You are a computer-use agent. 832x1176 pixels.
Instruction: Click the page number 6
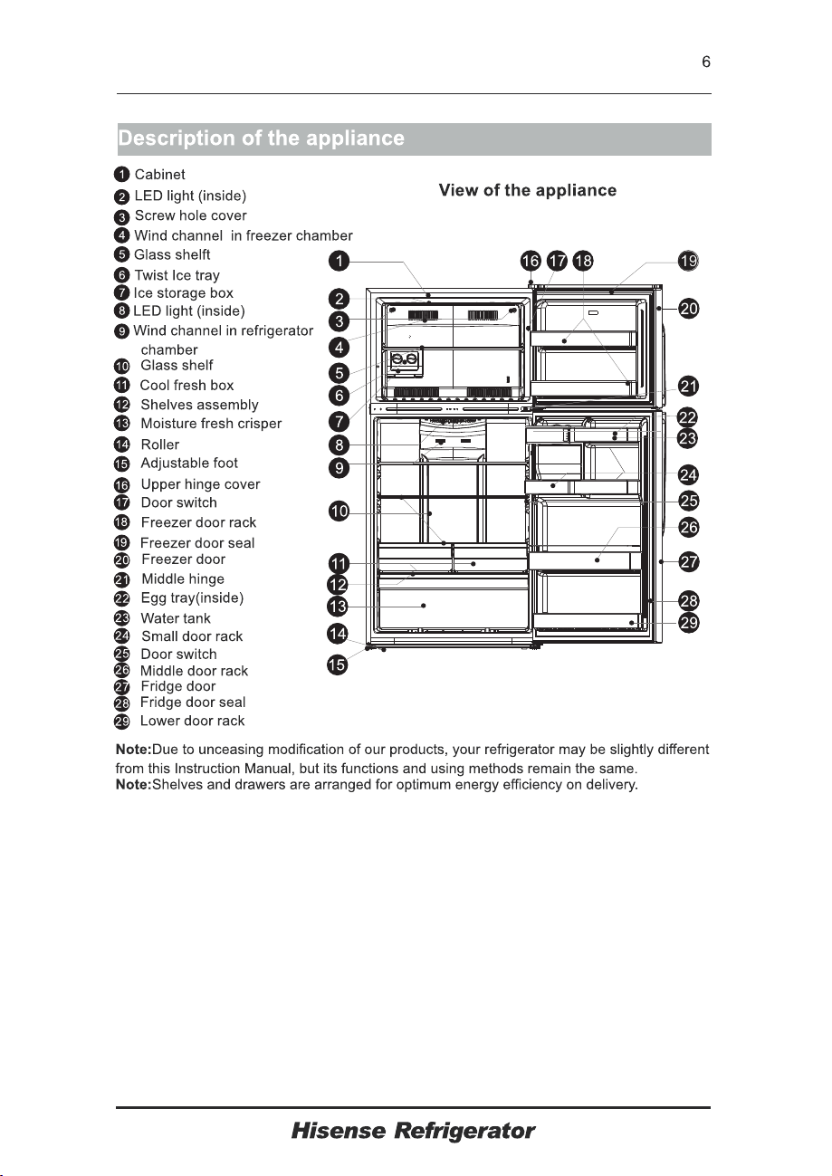click(x=706, y=62)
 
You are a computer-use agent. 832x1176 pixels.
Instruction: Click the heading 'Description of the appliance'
click(x=262, y=139)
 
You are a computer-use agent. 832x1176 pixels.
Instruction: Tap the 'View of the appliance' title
click(x=528, y=190)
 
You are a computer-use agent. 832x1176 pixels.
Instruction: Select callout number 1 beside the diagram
click(x=339, y=261)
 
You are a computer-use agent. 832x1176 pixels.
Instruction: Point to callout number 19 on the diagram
click(x=688, y=261)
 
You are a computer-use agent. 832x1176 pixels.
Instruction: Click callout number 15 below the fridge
click(x=338, y=665)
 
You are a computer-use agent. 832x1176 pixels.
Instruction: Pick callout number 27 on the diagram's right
click(x=689, y=562)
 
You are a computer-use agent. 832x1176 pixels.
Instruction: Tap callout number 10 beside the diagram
click(x=339, y=511)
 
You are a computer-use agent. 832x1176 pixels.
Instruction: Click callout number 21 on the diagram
click(x=689, y=387)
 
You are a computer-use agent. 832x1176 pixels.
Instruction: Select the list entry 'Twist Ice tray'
click(x=177, y=275)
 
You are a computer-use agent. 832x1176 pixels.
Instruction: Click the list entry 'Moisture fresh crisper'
click(x=211, y=423)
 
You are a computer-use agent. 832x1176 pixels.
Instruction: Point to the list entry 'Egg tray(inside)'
click(x=192, y=598)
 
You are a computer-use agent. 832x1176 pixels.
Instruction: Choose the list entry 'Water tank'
click(x=176, y=618)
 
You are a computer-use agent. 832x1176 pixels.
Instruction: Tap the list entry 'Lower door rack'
click(x=192, y=721)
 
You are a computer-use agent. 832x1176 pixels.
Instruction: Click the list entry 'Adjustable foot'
click(x=189, y=463)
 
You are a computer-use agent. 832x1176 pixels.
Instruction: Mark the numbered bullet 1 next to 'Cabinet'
click(x=121, y=175)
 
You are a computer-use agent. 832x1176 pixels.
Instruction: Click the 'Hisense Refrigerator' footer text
click(x=413, y=1131)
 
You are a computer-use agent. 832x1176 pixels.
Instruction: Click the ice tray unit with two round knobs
click(x=405, y=362)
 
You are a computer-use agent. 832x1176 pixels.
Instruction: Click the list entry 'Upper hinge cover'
click(x=200, y=484)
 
